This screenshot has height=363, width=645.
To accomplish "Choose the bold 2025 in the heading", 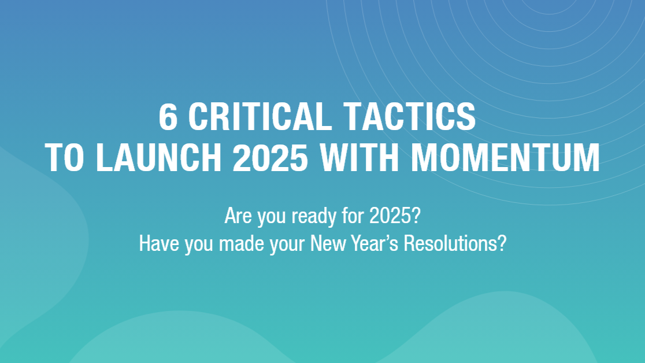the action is [270, 157].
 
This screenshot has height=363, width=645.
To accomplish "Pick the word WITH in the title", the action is [359, 157].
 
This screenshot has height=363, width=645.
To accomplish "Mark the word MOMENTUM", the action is [505, 157].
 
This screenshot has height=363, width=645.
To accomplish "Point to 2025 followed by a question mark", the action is [395, 216].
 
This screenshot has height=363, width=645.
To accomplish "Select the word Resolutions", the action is [455, 243].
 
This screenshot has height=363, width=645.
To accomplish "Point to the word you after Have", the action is [199, 246].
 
